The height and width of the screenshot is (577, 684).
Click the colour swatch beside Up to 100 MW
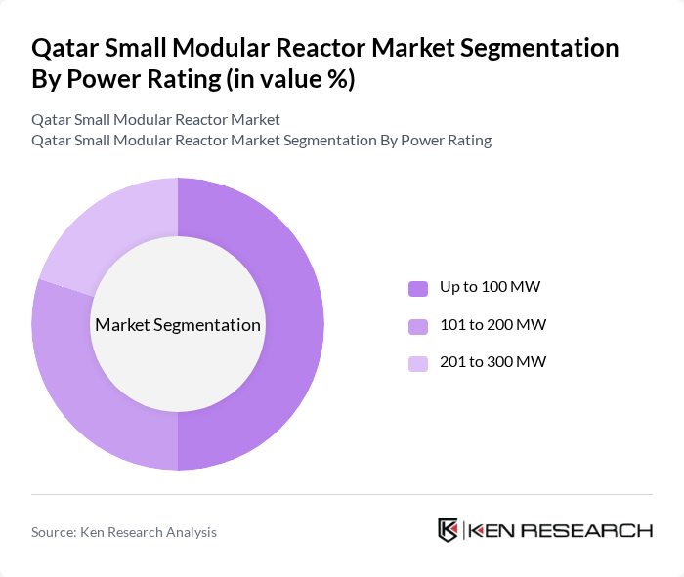click(418, 288)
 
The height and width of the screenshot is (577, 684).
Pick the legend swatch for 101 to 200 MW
click(418, 325)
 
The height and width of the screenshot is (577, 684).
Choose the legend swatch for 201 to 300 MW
click(418, 362)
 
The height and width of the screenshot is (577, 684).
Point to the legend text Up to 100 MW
click(490, 287)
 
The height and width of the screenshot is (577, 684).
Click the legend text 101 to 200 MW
click(492, 324)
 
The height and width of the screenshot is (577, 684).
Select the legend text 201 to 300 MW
click(492, 361)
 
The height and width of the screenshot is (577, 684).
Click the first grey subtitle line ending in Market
click(155, 119)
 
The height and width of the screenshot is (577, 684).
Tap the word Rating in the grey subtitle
click(467, 140)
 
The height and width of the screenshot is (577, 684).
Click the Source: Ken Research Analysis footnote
click(124, 532)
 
